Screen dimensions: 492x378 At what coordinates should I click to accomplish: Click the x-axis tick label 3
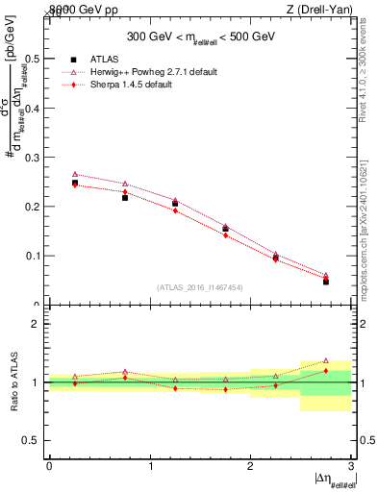(x=351, y=465)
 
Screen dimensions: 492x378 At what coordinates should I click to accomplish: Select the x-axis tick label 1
(x=150, y=465)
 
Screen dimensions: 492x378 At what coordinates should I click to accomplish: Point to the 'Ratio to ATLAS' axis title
(x=15, y=382)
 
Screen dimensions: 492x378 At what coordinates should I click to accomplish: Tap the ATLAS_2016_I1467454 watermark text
(x=199, y=286)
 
